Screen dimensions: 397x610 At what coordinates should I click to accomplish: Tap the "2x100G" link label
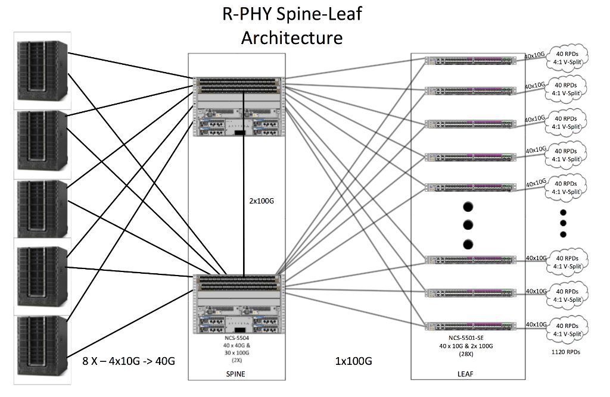[262, 201]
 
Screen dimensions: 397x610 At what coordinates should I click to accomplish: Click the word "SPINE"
[236, 374]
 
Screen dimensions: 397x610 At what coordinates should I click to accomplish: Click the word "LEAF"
[468, 374]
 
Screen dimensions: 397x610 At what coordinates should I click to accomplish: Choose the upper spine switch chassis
[236, 107]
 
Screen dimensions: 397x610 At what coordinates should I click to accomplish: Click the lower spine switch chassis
[236, 305]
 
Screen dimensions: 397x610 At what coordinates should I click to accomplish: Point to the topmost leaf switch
[468, 60]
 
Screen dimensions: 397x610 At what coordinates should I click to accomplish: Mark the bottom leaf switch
[468, 326]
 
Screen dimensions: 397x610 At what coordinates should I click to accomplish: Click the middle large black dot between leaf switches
[468, 226]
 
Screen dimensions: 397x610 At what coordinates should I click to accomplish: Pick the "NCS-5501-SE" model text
[468, 338]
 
